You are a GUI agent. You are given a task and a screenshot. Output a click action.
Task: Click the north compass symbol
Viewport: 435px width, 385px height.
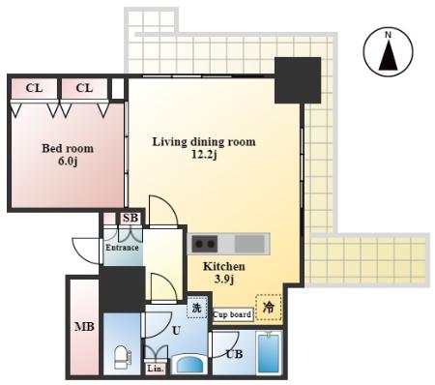pyautogui.click(x=388, y=52)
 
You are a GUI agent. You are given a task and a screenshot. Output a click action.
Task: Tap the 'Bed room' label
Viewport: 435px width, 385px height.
pyautogui.click(x=68, y=148)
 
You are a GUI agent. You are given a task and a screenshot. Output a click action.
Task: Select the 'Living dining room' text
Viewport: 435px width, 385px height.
pyautogui.click(x=204, y=142)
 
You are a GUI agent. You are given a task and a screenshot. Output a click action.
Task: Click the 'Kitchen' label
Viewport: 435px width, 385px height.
pyautogui.click(x=224, y=266)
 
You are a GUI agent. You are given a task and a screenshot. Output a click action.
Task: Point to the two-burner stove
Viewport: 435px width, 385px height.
pyautogui.click(x=204, y=244)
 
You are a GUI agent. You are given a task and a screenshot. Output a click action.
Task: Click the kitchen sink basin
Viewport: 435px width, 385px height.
pyautogui.click(x=249, y=244)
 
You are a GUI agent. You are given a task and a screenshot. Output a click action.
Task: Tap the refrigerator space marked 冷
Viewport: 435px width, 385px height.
pyautogui.click(x=269, y=308)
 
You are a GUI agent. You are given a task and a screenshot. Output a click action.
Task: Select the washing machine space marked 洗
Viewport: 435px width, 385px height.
pyautogui.click(x=196, y=308)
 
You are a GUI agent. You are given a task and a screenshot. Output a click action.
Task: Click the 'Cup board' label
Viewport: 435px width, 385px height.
pyautogui.click(x=232, y=314)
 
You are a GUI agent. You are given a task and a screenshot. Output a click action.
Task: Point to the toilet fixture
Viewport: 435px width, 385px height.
pyautogui.click(x=122, y=357)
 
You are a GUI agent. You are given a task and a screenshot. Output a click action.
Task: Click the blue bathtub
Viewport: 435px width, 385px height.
pyautogui.click(x=269, y=354)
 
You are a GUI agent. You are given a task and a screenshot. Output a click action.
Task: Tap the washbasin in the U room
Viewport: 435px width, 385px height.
pyautogui.click(x=189, y=365)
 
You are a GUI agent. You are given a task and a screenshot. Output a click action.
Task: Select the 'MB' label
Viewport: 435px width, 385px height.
pyautogui.click(x=84, y=327)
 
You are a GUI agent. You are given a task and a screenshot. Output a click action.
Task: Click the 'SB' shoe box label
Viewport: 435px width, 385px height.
pyautogui.click(x=130, y=218)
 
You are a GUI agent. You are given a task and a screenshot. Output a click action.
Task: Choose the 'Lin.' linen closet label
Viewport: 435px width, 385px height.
pyautogui.click(x=156, y=369)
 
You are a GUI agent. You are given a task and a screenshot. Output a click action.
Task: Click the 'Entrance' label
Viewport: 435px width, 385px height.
pyautogui.click(x=122, y=248)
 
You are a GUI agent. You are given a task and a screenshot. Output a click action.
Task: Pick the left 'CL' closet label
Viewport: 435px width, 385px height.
pyautogui.click(x=34, y=88)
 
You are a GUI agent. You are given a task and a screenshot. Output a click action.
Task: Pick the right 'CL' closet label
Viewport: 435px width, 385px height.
pyautogui.click(x=84, y=88)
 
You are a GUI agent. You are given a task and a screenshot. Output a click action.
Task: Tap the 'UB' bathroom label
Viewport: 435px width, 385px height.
pyautogui.click(x=234, y=354)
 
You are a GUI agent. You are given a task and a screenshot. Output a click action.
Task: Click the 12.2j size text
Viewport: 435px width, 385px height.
pyautogui.click(x=204, y=155)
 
